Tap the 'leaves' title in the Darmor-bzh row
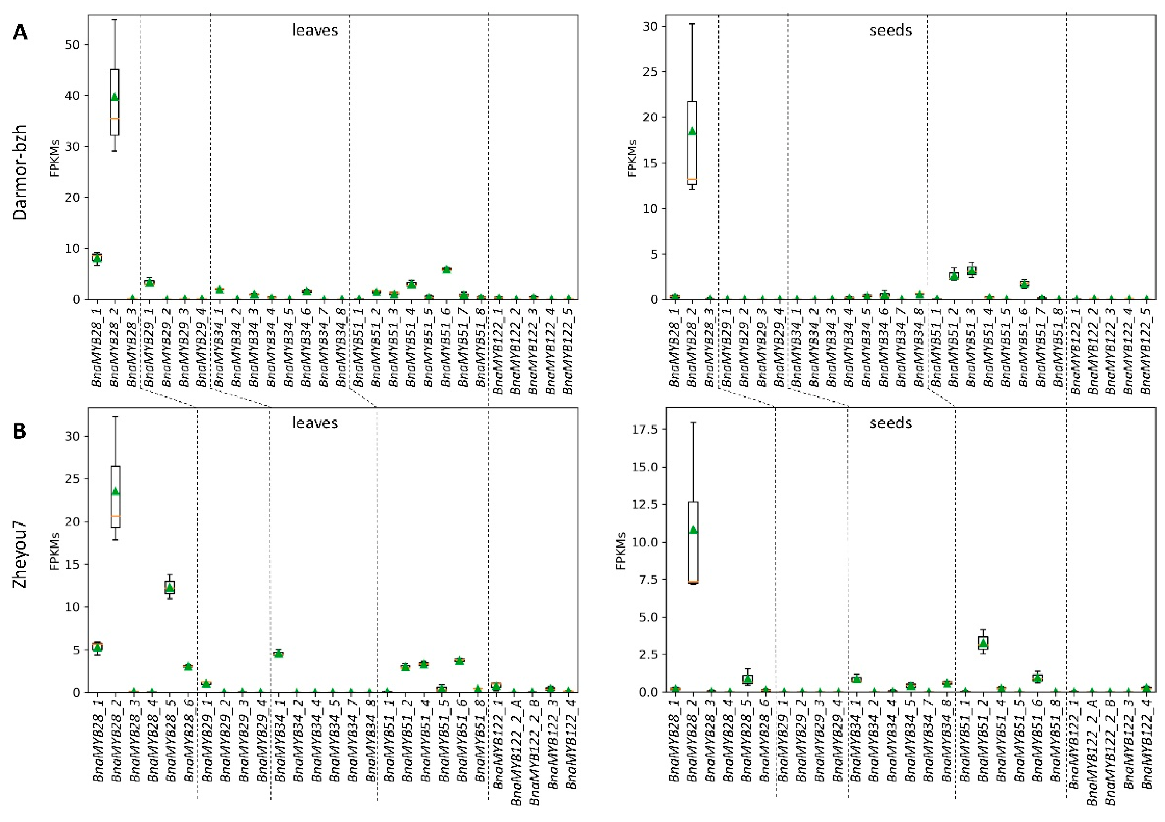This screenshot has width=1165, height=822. coord(315,30)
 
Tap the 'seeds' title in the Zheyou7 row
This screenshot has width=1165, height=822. coord(891,423)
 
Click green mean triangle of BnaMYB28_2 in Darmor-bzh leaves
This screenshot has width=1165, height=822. coord(115,97)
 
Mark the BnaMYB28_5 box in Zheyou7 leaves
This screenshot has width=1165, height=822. coord(170,587)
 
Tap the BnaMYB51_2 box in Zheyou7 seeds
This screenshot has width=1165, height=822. coord(983,643)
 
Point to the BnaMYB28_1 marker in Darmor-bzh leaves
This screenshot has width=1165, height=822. coord(97,258)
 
